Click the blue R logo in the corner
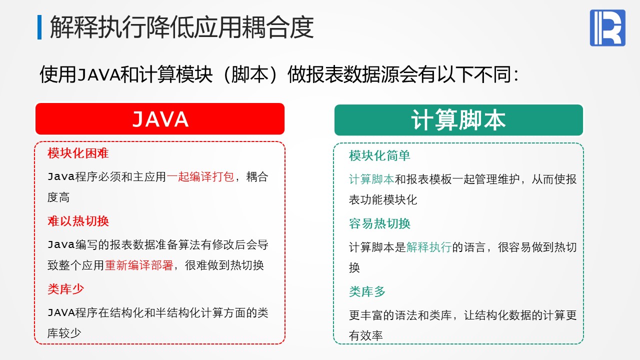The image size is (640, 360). click(x=607, y=27)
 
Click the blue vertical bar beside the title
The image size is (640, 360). click(x=39, y=27)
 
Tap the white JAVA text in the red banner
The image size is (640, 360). click(x=160, y=119)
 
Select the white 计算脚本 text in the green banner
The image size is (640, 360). click(x=458, y=120)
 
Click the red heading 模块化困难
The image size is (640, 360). click(x=78, y=153)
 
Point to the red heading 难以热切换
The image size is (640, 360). click(x=78, y=221)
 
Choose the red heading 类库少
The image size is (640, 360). click(x=65, y=289)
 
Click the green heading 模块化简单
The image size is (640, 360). click(x=379, y=155)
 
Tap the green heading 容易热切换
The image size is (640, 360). click(x=379, y=223)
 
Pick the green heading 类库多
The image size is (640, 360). click(x=367, y=291)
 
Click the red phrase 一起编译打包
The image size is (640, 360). click(x=200, y=177)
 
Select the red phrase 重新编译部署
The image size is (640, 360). click(x=139, y=265)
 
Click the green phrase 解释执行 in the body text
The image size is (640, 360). click(x=429, y=247)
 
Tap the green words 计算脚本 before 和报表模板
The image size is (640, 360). click(x=371, y=179)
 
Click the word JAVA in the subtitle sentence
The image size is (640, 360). click(x=98, y=75)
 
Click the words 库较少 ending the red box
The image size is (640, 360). click(x=64, y=333)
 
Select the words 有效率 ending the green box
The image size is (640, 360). click(x=365, y=336)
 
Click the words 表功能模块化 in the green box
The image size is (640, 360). click(x=383, y=200)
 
